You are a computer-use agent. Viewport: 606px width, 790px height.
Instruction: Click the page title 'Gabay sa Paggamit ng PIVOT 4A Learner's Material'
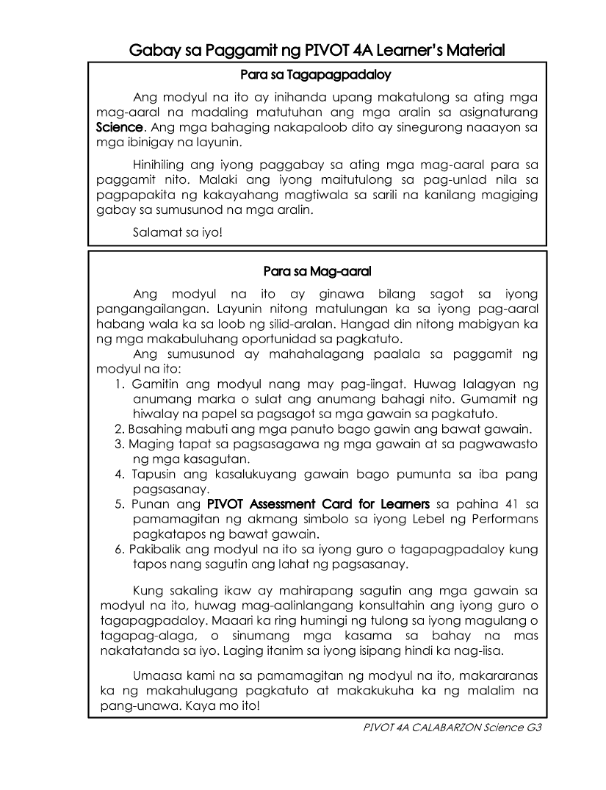coord(317,51)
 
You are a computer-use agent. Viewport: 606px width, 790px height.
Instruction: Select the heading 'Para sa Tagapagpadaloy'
coord(317,75)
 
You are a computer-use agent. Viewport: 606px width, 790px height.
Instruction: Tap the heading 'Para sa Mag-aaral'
coord(317,272)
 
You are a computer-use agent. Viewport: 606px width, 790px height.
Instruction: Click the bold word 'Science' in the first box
coord(118,127)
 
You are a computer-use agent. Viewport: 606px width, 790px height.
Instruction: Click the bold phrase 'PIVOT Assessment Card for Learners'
coord(318,504)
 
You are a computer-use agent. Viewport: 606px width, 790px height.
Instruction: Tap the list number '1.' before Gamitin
coord(120,385)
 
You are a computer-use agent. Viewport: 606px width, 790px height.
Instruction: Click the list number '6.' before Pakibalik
coord(120,549)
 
